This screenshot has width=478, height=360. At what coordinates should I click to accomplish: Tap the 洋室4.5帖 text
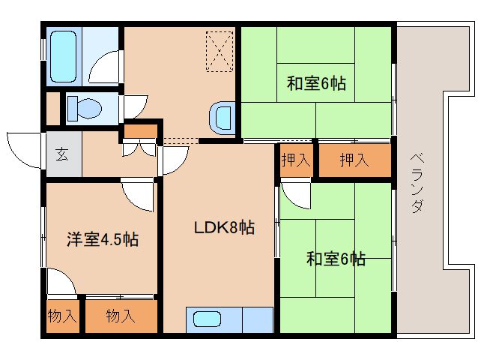click(x=102, y=239)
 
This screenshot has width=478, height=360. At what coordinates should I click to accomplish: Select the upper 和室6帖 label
click(x=316, y=83)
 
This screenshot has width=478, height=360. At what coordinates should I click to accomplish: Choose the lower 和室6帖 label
click(x=335, y=259)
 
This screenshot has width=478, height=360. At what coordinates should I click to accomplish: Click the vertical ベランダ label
click(x=417, y=183)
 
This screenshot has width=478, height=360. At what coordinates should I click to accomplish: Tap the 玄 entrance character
click(x=61, y=155)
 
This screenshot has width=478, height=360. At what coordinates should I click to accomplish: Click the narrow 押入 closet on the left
click(x=296, y=160)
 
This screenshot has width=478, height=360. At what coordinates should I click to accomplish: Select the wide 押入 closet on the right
click(x=354, y=160)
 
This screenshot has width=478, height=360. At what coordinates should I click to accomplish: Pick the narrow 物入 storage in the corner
click(x=62, y=316)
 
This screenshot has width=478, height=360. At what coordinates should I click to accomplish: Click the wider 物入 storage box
click(x=121, y=316)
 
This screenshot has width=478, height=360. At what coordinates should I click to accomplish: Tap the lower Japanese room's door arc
click(x=294, y=195)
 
